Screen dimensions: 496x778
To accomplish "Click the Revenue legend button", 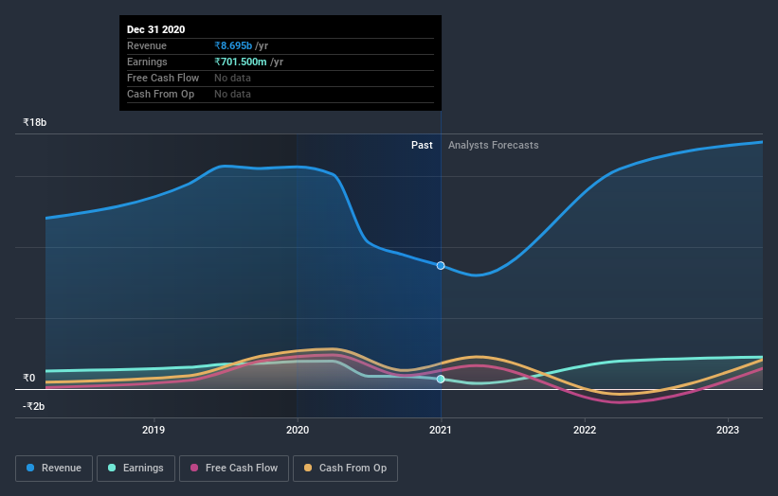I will click(55, 468).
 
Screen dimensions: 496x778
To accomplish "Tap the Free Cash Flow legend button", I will click(234, 468).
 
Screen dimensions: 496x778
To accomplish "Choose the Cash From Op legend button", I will click(345, 468).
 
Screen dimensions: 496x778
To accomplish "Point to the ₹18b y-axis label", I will click(35, 122).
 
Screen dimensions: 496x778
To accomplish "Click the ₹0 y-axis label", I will click(28, 378).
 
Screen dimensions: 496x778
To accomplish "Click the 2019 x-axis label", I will click(154, 430).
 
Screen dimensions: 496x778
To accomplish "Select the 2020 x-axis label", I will click(298, 430).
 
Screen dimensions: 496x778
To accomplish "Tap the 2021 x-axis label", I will click(441, 430).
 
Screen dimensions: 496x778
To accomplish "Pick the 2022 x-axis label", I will click(585, 430).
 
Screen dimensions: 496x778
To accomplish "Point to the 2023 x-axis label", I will click(728, 430).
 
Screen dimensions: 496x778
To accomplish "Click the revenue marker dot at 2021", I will click(441, 265).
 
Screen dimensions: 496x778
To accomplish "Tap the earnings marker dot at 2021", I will click(441, 379).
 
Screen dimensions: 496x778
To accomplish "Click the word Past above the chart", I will click(422, 145).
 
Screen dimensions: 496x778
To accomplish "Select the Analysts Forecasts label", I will click(493, 145).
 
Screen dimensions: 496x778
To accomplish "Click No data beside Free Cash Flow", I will click(232, 78).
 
